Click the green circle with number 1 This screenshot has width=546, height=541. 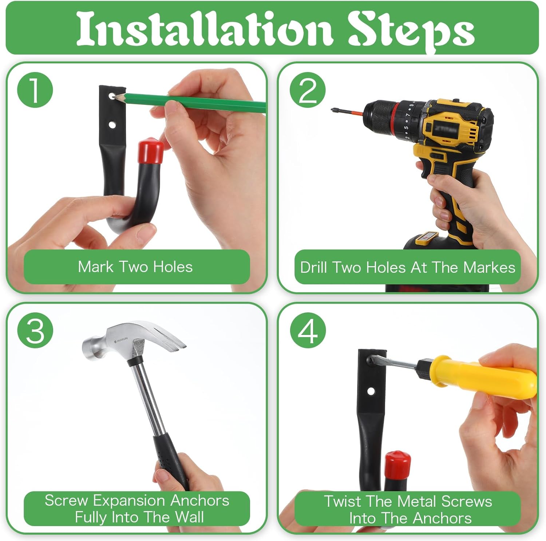pyautogui.click(x=35, y=90)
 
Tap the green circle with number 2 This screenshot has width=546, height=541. pyautogui.click(x=308, y=90)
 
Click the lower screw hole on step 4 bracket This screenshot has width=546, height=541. pyautogui.click(x=371, y=392)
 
